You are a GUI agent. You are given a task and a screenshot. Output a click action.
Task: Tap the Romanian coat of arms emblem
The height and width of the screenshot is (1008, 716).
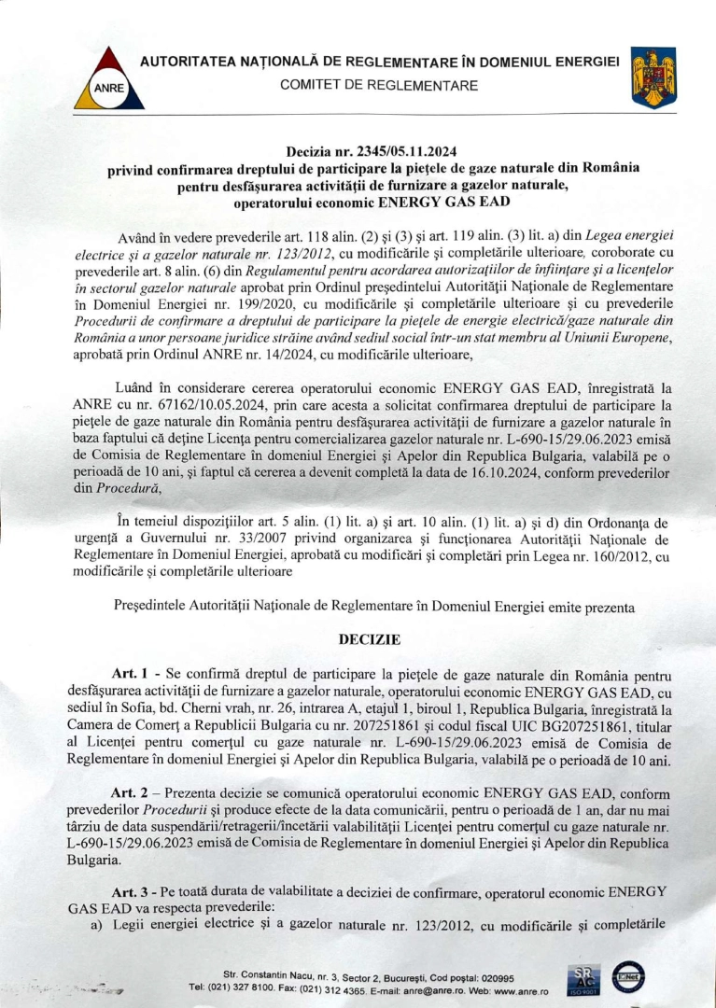point(653,77)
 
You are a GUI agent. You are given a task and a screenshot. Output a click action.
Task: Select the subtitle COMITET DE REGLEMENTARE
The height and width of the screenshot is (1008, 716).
point(379,86)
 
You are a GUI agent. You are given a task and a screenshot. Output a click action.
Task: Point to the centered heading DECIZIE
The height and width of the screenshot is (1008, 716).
point(369,640)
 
